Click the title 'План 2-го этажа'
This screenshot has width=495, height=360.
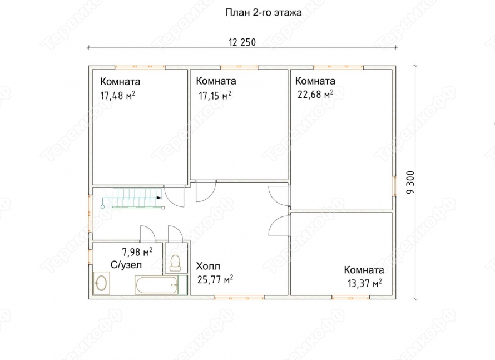[263, 12]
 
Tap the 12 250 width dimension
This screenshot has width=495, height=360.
[242, 42]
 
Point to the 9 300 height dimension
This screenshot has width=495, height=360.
[410, 182]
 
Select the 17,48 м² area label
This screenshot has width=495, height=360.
[118, 95]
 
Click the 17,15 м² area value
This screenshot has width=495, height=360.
[215, 95]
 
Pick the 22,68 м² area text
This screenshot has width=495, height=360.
[315, 94]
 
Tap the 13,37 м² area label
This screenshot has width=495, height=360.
[365, 283]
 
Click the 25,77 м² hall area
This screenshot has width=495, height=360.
[215, 279]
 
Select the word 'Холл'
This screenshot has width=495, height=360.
[208, 266]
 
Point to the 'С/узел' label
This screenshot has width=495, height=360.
[126, 265]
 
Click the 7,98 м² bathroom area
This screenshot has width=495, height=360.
[137, 252]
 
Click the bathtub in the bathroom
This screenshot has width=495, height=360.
[156, 285]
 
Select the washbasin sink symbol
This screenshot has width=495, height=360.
[102, 283]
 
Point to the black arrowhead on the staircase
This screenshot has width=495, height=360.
[159, 198]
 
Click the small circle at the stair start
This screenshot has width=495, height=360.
[102, 207]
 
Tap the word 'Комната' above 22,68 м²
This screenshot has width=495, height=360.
[315, 81]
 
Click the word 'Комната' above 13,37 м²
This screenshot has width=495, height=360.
[364, 270]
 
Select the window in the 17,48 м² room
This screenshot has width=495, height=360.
[140, 67]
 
